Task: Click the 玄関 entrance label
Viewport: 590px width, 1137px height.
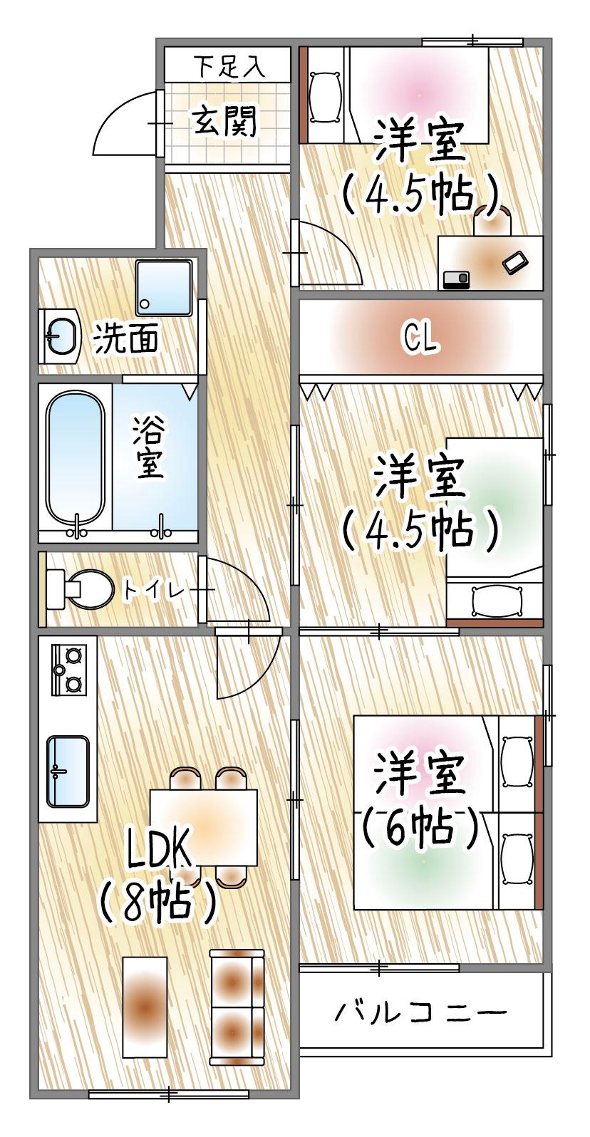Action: [x=223, y=123]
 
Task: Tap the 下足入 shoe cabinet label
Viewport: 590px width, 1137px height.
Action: [x=229, y=68]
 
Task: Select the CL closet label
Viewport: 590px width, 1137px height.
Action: [x=420, y=338]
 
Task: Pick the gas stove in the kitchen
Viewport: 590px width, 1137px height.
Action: [x=68, y=669]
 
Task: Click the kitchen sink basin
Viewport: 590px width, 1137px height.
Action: [x=68, y=770]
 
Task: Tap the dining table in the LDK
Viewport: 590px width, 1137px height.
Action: [x=203, y=826]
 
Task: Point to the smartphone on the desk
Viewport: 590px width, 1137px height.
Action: [x=515, y=261]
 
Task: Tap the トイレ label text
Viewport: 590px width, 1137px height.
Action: [x=154, y=590]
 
